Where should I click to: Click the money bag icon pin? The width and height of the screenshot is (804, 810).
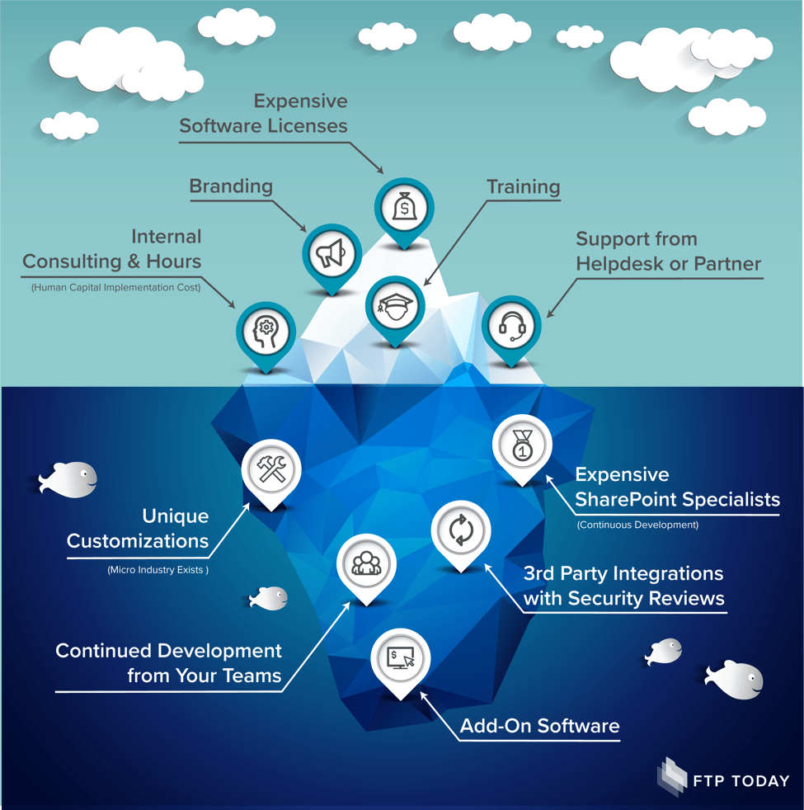point(404,206)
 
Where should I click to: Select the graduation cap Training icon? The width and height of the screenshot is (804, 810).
point(393,305)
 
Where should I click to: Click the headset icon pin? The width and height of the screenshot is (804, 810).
point(511,327)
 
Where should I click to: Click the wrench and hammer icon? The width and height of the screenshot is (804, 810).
point(271,470)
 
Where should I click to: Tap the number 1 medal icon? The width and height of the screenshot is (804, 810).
point(522,446)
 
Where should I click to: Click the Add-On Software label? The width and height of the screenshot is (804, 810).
point(539,726)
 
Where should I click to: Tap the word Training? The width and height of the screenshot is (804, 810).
point(523,186)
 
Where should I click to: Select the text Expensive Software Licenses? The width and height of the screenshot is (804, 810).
point(264,114)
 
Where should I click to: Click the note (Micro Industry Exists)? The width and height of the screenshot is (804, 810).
point(158,569)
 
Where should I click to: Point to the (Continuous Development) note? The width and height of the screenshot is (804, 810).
point(637,525)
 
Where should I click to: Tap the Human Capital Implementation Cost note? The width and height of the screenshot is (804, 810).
point(116,287)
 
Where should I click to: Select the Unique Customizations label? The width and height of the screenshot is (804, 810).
point(139,529)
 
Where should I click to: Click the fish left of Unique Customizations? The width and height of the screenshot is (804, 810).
point(68,478)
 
